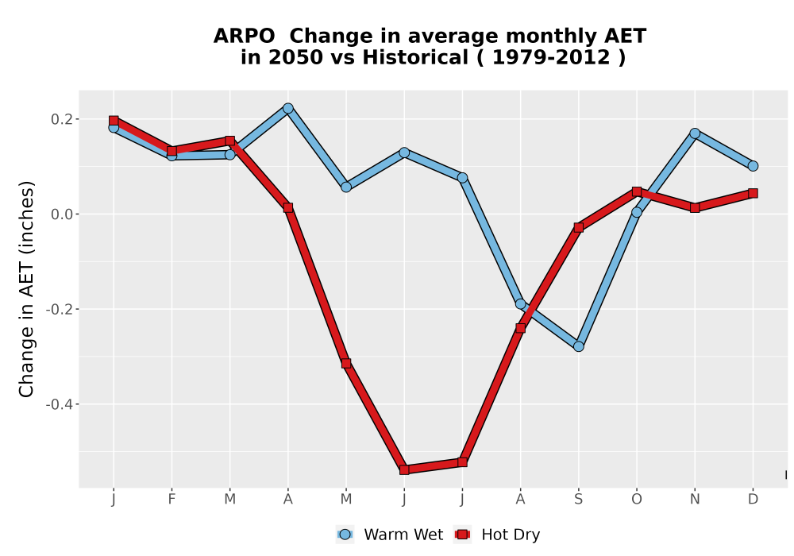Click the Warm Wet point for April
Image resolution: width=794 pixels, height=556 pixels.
tap(288, 108)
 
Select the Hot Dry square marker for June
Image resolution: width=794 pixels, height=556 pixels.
tap(404, 469)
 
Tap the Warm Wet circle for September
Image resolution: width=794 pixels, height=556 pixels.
tap(578, 346)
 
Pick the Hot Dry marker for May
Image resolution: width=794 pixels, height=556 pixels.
tap(346, 363)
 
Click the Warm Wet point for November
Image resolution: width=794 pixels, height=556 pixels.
tap(695, 133)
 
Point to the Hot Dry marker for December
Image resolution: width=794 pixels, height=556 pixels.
tap(753, 193)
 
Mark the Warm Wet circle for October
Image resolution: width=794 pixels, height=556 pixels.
tap(637, 212)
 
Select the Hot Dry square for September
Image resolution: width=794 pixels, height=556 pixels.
tap(578, 227)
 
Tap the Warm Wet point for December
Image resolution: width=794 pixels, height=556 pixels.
tap(753, 165)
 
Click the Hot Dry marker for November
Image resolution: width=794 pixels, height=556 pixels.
tap(695, 207)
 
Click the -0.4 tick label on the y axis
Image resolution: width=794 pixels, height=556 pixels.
tap(60, 404)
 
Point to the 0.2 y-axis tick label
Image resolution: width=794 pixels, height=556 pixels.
tap(62, 119)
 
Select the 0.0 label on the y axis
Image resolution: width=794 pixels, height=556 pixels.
tap(62, 214)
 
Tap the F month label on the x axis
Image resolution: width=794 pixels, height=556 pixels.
tap(172, 500)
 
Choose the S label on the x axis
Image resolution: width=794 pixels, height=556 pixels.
tap(578, 500)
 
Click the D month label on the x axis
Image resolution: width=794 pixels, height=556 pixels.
tap(753, 500)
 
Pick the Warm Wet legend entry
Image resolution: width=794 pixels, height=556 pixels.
tap(389, 535)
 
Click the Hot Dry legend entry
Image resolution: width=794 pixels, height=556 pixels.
tap(497, 535)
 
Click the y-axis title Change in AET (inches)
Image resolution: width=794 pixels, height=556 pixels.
tap(26, 289)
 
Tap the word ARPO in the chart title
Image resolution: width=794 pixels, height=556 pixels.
tap(244, 36)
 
